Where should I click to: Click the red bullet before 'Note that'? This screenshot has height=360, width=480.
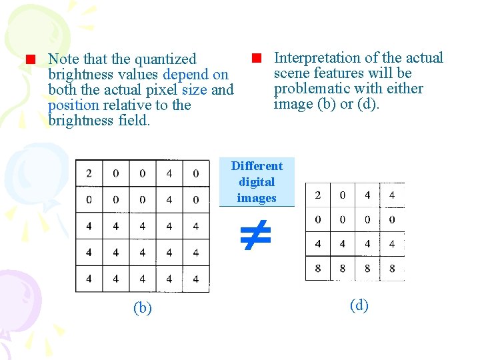tap(30, 59)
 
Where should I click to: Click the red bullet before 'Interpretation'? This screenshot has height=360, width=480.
tap(256, 58)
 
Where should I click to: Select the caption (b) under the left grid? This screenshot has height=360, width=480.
tap(142, 308)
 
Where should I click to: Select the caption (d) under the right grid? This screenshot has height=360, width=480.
tap(359, 305)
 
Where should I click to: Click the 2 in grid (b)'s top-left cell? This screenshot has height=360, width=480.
tap(89, 174)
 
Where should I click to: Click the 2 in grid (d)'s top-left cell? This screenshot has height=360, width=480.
tap(317, 195)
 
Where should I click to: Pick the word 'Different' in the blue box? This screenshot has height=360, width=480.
tap(257, 166)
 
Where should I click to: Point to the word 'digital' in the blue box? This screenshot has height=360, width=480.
tap(257, 182)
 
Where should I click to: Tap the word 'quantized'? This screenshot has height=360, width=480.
tap(165, 60)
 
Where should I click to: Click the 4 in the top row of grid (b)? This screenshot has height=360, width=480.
tap(169, 174)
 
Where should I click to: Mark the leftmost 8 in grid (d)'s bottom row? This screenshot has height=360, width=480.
tap(317, 269)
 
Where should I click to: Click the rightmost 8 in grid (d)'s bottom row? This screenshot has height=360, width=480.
tap(392, 269)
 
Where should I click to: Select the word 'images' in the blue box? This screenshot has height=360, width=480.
tap(257, 198)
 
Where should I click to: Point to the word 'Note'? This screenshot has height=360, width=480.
tap(63, 60)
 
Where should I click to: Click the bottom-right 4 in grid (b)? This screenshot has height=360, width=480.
tap(195, 279)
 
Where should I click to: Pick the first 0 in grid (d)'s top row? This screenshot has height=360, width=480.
tap(343, 195)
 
